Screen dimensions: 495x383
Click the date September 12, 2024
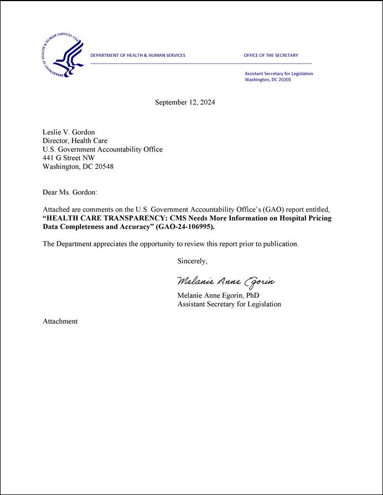(x=185, y=102)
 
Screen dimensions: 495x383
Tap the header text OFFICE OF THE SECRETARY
(x=271, y=55)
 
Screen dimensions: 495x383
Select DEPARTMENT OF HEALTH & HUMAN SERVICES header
(x=138, y=55)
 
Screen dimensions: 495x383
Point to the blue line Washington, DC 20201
(x=268, y=80)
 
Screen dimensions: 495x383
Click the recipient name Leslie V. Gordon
(x=69, y=132)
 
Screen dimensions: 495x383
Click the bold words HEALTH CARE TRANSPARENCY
(x=104, y=218)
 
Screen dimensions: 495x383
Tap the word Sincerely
(x=193, y=261)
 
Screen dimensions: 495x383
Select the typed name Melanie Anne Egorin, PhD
(x=218, y=295)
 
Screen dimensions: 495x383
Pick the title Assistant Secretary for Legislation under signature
(x=229, y=304)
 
